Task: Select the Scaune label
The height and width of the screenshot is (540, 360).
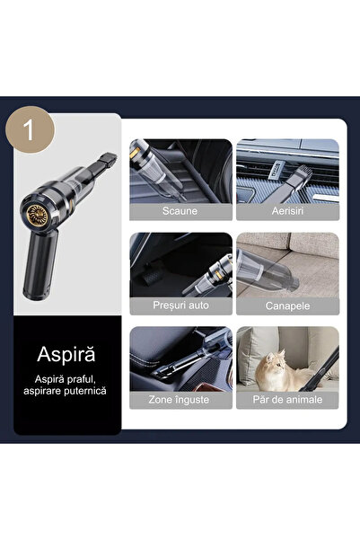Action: [180, 211]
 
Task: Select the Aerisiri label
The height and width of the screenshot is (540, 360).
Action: [287, 211]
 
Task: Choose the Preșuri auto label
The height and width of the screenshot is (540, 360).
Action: [180, 305]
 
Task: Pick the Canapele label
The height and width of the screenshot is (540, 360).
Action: [287, 305]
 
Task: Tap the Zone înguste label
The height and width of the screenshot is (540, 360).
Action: [180, 400]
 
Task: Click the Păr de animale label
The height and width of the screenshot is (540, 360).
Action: [287, 400]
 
